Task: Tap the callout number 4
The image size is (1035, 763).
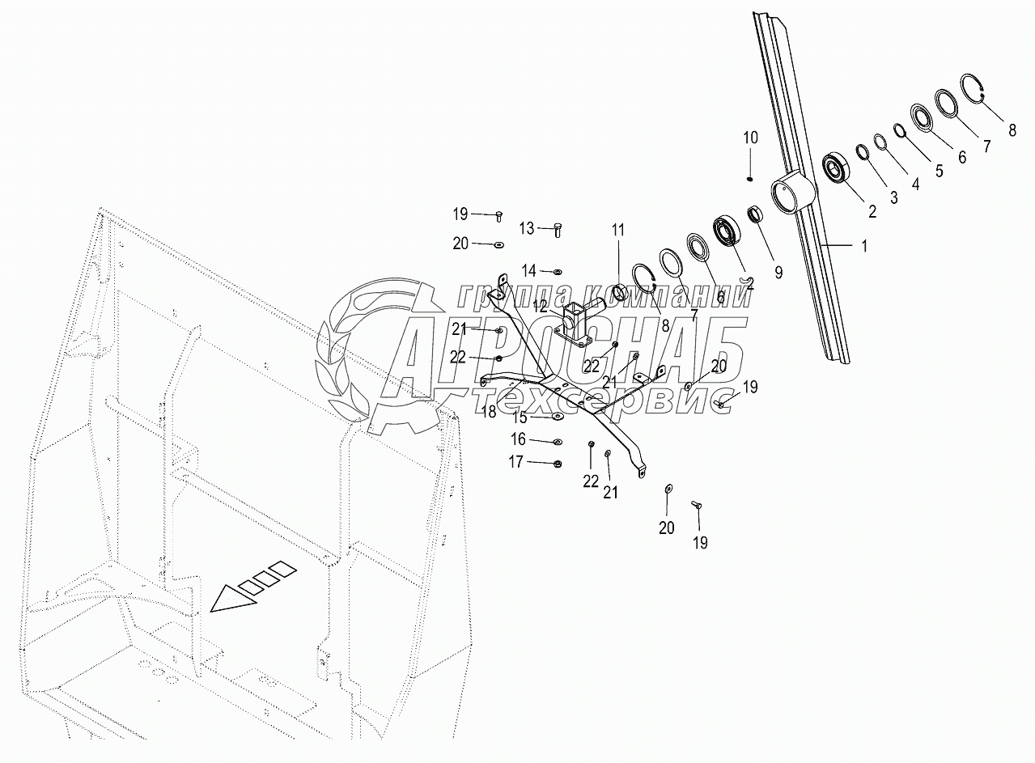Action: (915, 184)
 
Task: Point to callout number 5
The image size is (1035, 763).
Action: (938, 172)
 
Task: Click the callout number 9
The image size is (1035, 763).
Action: (778, 273)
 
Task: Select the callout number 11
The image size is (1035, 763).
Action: (618, 231)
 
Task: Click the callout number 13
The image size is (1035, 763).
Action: (527, 229)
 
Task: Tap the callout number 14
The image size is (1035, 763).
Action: (528, 269)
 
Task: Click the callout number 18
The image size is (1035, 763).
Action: (489, 412)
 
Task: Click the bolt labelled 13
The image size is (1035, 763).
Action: (558, 229)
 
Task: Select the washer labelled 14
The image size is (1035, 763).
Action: (558, 270)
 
